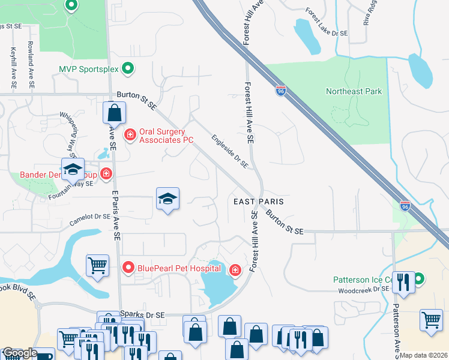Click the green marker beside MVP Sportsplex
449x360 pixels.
[127, 70]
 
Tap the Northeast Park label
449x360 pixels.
[354, 92]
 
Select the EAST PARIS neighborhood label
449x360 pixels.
[258, 202]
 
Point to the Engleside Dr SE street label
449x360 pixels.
[229, 151]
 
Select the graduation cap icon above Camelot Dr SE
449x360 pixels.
[168, 199]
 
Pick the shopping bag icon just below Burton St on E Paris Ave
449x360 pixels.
[114, 112]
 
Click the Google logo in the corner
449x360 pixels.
[19, 353]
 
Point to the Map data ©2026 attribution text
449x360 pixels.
[424, 355]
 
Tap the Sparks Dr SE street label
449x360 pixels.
[142, 314]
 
